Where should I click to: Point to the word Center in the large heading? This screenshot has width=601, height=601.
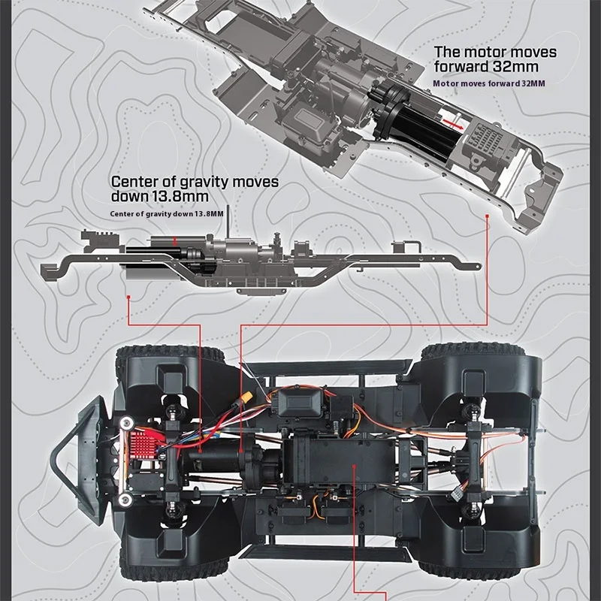click(136, 182)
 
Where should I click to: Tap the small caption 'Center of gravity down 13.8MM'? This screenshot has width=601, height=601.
click(166, 214)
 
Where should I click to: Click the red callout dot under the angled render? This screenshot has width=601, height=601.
click(488, 216)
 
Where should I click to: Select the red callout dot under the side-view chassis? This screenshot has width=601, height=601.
click(131, 297)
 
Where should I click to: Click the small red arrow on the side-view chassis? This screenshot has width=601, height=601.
click(176, 241)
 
